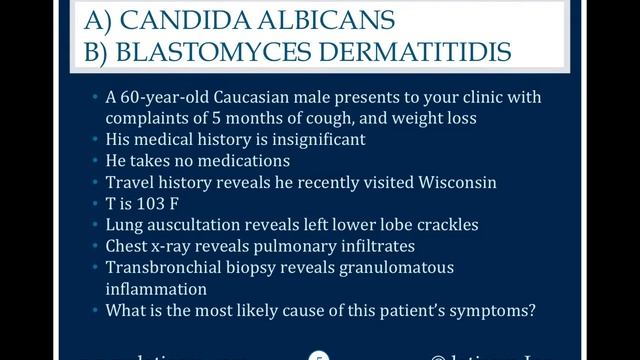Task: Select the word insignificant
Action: point(316,139)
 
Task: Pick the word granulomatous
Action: point(398,268)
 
